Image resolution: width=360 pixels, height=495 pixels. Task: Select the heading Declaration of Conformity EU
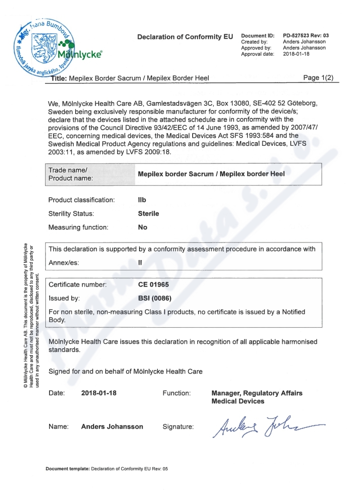pyautogui.click(x=182, y=36)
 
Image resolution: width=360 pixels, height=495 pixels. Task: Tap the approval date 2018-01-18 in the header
pyautogui.click(x=297, y=54)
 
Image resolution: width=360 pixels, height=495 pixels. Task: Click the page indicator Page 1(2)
pyautogui.click(x=319, y=78)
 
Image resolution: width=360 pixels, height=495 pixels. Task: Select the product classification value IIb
pyautogui.click(x=142, y=200)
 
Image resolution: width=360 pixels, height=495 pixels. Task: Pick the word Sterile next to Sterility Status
pyautogui.click(x=148, y=214)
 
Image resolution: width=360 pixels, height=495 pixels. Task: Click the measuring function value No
pyautogui.click(x=143, y=227)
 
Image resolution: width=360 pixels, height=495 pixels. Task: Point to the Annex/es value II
pyautogui.click(x=140, y=263)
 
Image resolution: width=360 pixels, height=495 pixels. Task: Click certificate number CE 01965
pyautogui.click(x=153, y=284)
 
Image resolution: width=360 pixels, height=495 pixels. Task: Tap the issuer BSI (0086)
pyautogui.click(x=154, y=298)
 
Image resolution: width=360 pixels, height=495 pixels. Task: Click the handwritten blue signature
pyautogui.click(x=265, y=424)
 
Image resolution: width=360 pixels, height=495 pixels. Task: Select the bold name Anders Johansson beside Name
pyautogui.click(x=112, y=427)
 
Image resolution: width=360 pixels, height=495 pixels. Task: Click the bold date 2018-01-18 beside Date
pyautogui.click(x=99, y=393)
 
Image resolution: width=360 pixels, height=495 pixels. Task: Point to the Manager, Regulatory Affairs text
pyautogui.click(x=256, y=393)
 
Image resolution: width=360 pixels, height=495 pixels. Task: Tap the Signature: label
pyautogui.click(x=178, y=427)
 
